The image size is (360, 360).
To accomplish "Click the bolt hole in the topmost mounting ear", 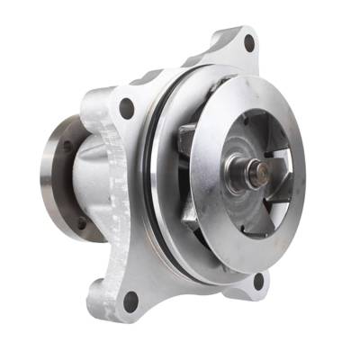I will point(249,40).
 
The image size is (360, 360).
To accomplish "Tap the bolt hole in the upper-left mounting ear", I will point(127,109).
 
